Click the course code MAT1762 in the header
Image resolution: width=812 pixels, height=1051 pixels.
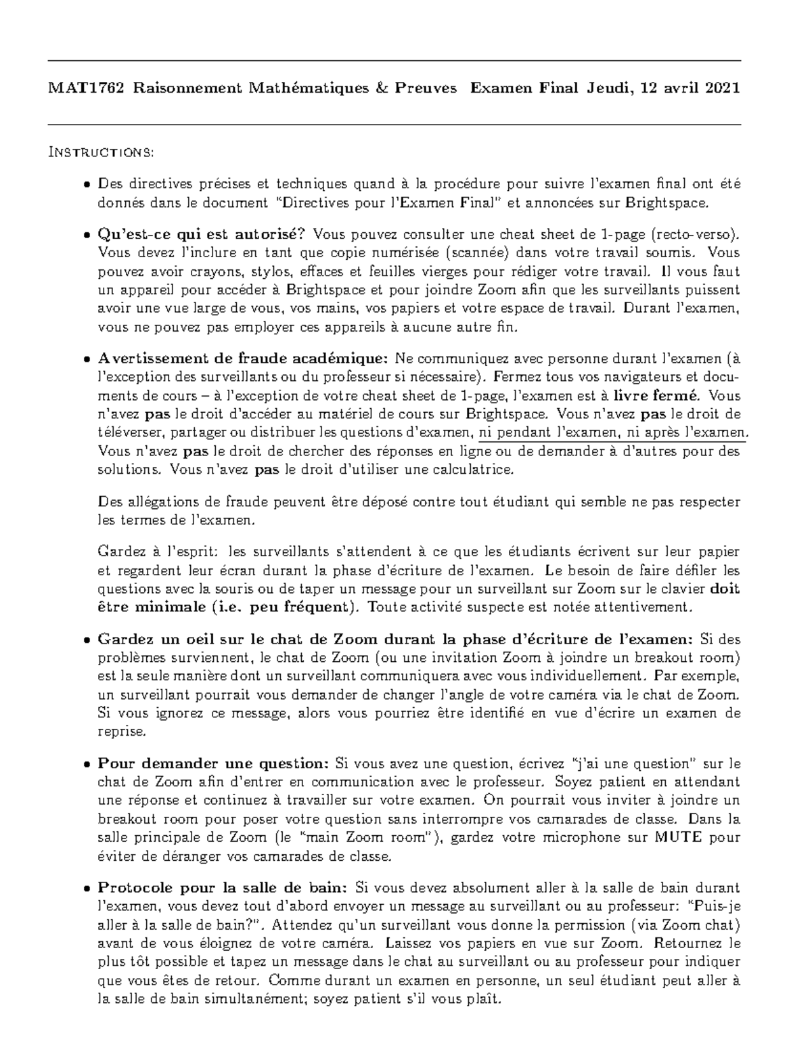86,89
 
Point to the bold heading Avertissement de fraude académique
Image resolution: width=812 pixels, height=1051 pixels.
244,358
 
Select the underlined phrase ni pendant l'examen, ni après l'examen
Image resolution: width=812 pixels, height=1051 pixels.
612,432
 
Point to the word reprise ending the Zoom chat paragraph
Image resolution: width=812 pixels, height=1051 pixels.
121,732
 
